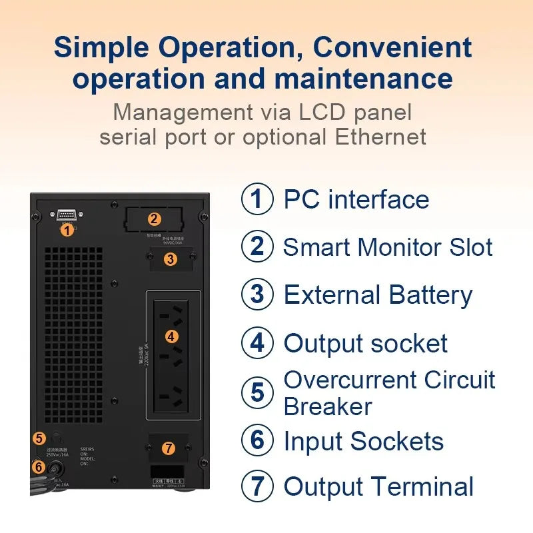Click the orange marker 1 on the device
(x=66, y=230)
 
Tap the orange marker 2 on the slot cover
(x=154, y=219)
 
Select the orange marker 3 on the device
(x=171, y=259)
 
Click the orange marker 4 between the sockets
(x=171, y=336)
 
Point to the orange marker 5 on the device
(x=39, y=438)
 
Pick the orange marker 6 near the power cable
(x=39, y=467)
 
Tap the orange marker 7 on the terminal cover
(x=169, y=448)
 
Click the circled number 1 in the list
(x=257, y=199)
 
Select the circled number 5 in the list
(x=257, y=392)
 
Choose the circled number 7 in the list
(x=257, y=486)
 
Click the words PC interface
(x=356, y=199)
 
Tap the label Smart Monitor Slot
(x=388, y=247)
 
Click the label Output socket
(x=365, y=344)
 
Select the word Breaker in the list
(x=328, y=406)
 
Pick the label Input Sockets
(x=363, y=441)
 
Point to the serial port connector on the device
(x=66, y=215)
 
